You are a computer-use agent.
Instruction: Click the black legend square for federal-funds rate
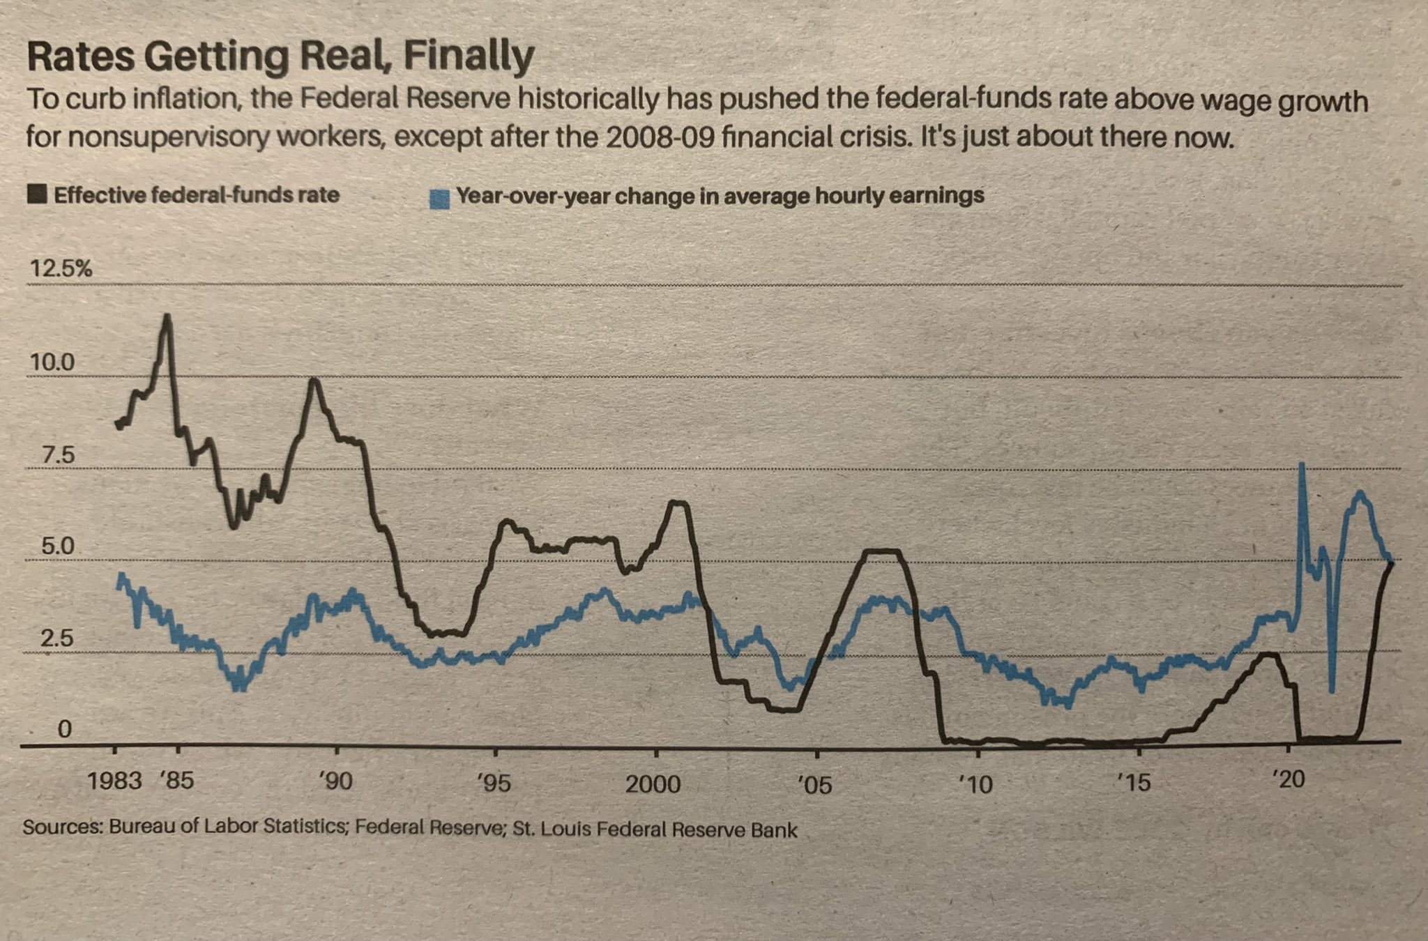(x=37, y=194)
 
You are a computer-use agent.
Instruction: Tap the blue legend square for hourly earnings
(x=439, y=199)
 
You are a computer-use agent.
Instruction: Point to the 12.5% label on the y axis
(x=60, y=268)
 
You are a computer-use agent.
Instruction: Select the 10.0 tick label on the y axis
(x=51, y=362)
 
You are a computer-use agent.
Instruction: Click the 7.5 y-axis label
(x=57, y=455)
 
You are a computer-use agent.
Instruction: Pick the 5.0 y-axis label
(x=57, y=546)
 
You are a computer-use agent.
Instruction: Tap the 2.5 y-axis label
(x=56, y=638)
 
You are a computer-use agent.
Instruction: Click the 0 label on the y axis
(x=64, y=729)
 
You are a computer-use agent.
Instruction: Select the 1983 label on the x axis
(x=114, y=781)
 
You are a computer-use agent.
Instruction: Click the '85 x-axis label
(x=177, y=781)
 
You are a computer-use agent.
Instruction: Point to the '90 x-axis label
(x=336, y=781)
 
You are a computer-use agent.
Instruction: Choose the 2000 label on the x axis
(x=653, y=784)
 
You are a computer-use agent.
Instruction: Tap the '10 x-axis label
(x=976, y=785)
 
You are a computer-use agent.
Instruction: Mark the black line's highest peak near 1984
(x=167, y=316)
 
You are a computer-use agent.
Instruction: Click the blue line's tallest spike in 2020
(x=1301, y=464)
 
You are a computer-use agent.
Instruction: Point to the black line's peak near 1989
(x=314, y=380)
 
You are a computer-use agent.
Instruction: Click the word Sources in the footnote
(x=63, y=827)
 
